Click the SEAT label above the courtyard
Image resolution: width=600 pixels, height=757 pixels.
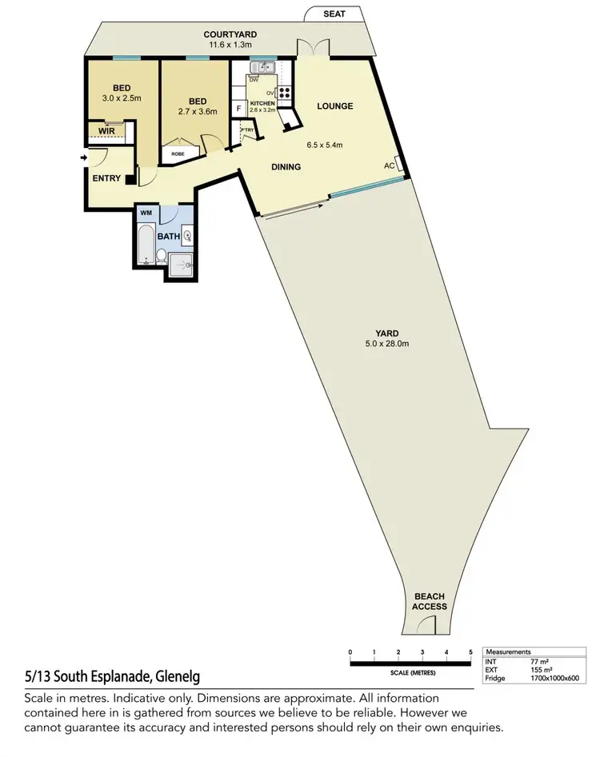click(335, 14)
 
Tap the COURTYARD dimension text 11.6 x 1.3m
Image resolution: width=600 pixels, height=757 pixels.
click(230, 45)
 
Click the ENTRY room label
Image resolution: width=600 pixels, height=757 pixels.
click(106, 178)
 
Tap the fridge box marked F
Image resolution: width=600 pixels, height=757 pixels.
click(238, 110)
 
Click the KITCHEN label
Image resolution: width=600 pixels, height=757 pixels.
click(262, 104)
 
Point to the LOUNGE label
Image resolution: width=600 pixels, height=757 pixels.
click(334, 106)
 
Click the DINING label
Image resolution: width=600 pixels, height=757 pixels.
click(286, 167)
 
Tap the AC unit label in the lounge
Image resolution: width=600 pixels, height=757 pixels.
click(390, 165)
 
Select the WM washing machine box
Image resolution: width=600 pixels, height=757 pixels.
click(146, 213)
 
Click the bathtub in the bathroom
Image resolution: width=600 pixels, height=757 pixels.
click(146, 245)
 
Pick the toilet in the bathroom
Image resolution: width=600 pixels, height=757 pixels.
click(161, 255)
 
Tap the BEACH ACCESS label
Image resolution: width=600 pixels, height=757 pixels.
click(430, 601)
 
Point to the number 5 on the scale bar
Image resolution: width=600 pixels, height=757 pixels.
click(470, 652)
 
